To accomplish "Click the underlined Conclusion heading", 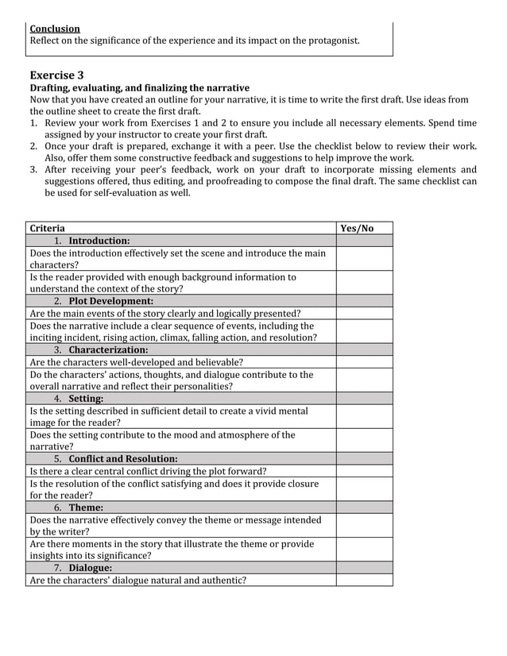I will [x=55, y=29].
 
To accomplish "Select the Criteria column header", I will [x=48, y=229].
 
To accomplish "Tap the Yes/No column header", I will [x=357, y=229].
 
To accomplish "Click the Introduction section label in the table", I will [x=99, y=241].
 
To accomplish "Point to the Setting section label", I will [x=86, y=398].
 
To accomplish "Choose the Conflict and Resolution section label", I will [x=122, y=458].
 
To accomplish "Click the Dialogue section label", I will [x=90, y=568].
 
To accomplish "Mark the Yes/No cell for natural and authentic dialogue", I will [x=364, y=580].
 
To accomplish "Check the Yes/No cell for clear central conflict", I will [x=364, y=471].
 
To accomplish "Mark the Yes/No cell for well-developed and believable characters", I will [x=364, y=362].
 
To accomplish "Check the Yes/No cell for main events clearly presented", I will [x=364, y=314].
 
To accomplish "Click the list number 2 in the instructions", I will [x=34, y=146].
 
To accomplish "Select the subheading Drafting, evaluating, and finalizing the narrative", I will [x=139, y=88].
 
